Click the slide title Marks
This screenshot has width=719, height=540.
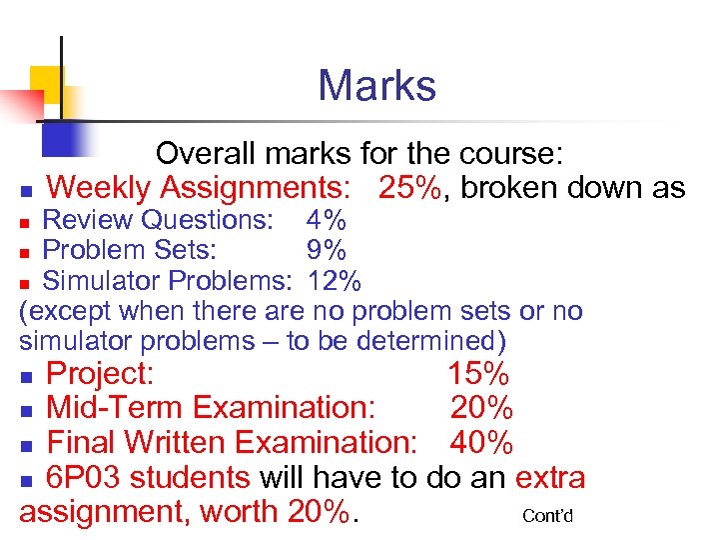click(x=376, y=86)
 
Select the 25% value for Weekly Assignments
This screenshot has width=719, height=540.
click(x=408, y=187)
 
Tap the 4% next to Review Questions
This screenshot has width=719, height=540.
click(x=327, y=219)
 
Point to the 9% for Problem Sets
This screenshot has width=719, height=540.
click(x=327, y=248)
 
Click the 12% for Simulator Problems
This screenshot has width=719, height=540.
click(x=335, y=278)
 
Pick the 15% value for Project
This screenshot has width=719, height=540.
click(x=478, y=375)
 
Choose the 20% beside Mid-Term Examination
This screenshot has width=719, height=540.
click(x=482, y=408)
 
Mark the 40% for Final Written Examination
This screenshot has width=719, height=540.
click(x=482, y=442)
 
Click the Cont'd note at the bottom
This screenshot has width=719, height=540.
click(x=548, y=516)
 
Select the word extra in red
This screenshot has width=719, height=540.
click(x=550, y=477)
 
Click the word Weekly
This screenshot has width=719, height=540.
click(x=99, y=187)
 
